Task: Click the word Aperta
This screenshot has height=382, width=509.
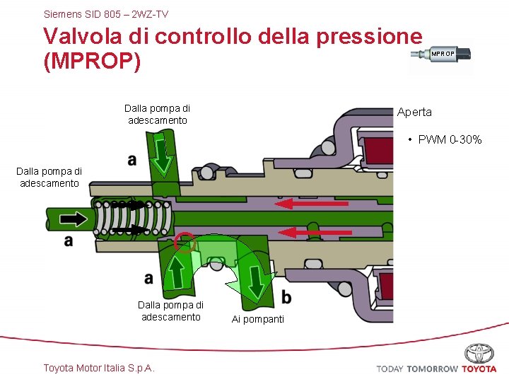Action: [414, 112]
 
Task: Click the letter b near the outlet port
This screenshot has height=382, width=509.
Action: [286, 297]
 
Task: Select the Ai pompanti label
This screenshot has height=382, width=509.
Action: [258, 319]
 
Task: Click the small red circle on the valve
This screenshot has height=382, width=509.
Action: [185, 242]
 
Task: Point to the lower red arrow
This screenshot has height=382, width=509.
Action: [312, 231]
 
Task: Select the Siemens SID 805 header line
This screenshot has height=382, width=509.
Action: [106, 13]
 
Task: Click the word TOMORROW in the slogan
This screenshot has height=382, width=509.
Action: [432, 369]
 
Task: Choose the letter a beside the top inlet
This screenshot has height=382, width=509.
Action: [132, 161]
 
